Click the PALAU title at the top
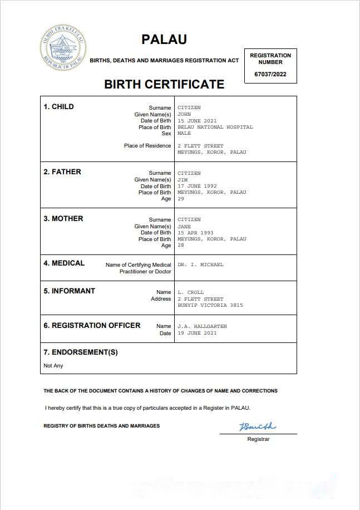pyautogui.click(x=164, y=40)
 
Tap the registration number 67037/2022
pyautogui.click(x=270, y=74)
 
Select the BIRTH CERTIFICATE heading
pyautogui.click(x=164, y=85)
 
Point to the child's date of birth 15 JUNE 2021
pyautogui.click(x=197, y=121)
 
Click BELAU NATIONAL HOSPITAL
pyautogui.click(x=215, y=127)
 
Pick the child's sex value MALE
pyautogui.click(x=184, y=134)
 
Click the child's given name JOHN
pyautogui.click(x=184, y=114)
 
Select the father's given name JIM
pyautogui.click(x=183, y=180)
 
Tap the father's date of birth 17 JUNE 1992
pyautogui.click(x=197, y=186)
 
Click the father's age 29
pyautogui.click(x=181, y=199)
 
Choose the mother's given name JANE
pyautogui.click(x=184, y=227)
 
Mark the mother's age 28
pyautogui.click(x=181, y=246)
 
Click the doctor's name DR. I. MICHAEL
pyautogui.click(x=200, y=265)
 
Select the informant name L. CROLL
pyautogui.click(x=190, y=292)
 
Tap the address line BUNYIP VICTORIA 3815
pyautogui.click(x=210, y=305)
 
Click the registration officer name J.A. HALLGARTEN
pyautogui.click(x=202, y=326)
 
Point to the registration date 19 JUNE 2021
pyautogui.click(x=197, y=333)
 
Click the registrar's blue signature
pyautogui.click(x=257, y=427)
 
